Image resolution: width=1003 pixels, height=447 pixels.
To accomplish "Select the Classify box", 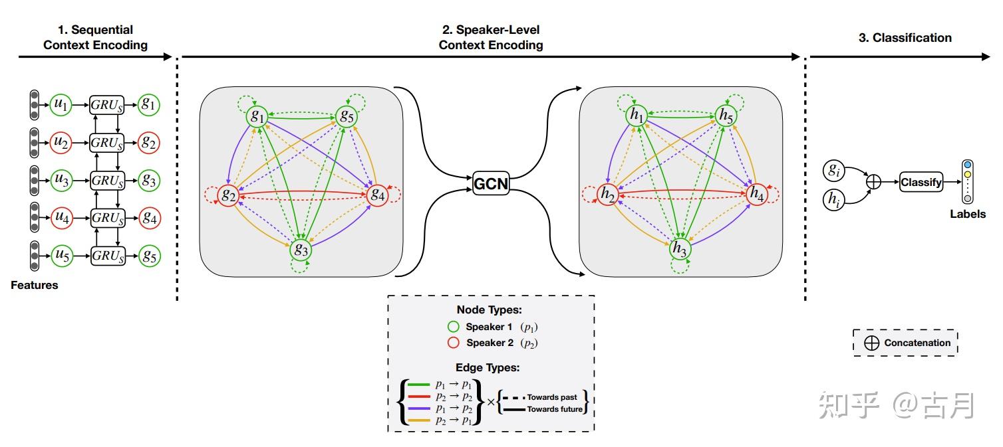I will tap(921, 181).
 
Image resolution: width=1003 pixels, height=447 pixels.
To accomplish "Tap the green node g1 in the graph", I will tap(257, 116).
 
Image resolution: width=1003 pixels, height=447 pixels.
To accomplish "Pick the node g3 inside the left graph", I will tap(301, 250).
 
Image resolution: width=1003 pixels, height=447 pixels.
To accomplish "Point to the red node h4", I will tap(756, 193).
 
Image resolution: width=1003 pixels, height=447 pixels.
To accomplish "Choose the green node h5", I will tap(726, 116).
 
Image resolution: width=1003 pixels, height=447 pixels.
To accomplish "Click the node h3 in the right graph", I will tap(680, 249).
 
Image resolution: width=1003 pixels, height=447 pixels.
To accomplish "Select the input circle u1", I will tap(61, 104).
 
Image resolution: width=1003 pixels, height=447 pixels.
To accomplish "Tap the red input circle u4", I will tap(61, 217).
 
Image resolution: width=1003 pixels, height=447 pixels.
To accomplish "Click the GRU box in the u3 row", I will tap(108, 180).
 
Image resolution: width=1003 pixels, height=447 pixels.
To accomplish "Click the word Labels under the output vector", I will tap(967, 214).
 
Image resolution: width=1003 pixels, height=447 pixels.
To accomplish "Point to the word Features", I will tap(35, 285).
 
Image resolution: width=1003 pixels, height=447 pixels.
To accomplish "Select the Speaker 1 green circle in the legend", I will tap(454, 327).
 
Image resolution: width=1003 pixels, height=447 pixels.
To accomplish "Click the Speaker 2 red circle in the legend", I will tap(454, 343).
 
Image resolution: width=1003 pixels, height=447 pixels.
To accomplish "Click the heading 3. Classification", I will tap(905, 38).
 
